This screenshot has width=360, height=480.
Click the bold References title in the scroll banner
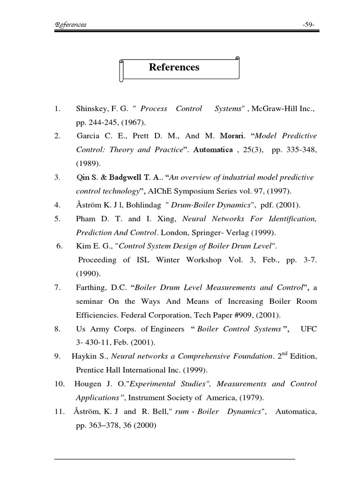click(x=174, y=67)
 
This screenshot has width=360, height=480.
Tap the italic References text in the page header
click(x=70, y=25)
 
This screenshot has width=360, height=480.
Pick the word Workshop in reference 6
click(x=203, y=260)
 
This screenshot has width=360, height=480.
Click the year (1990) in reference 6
click(x=88, y=274)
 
